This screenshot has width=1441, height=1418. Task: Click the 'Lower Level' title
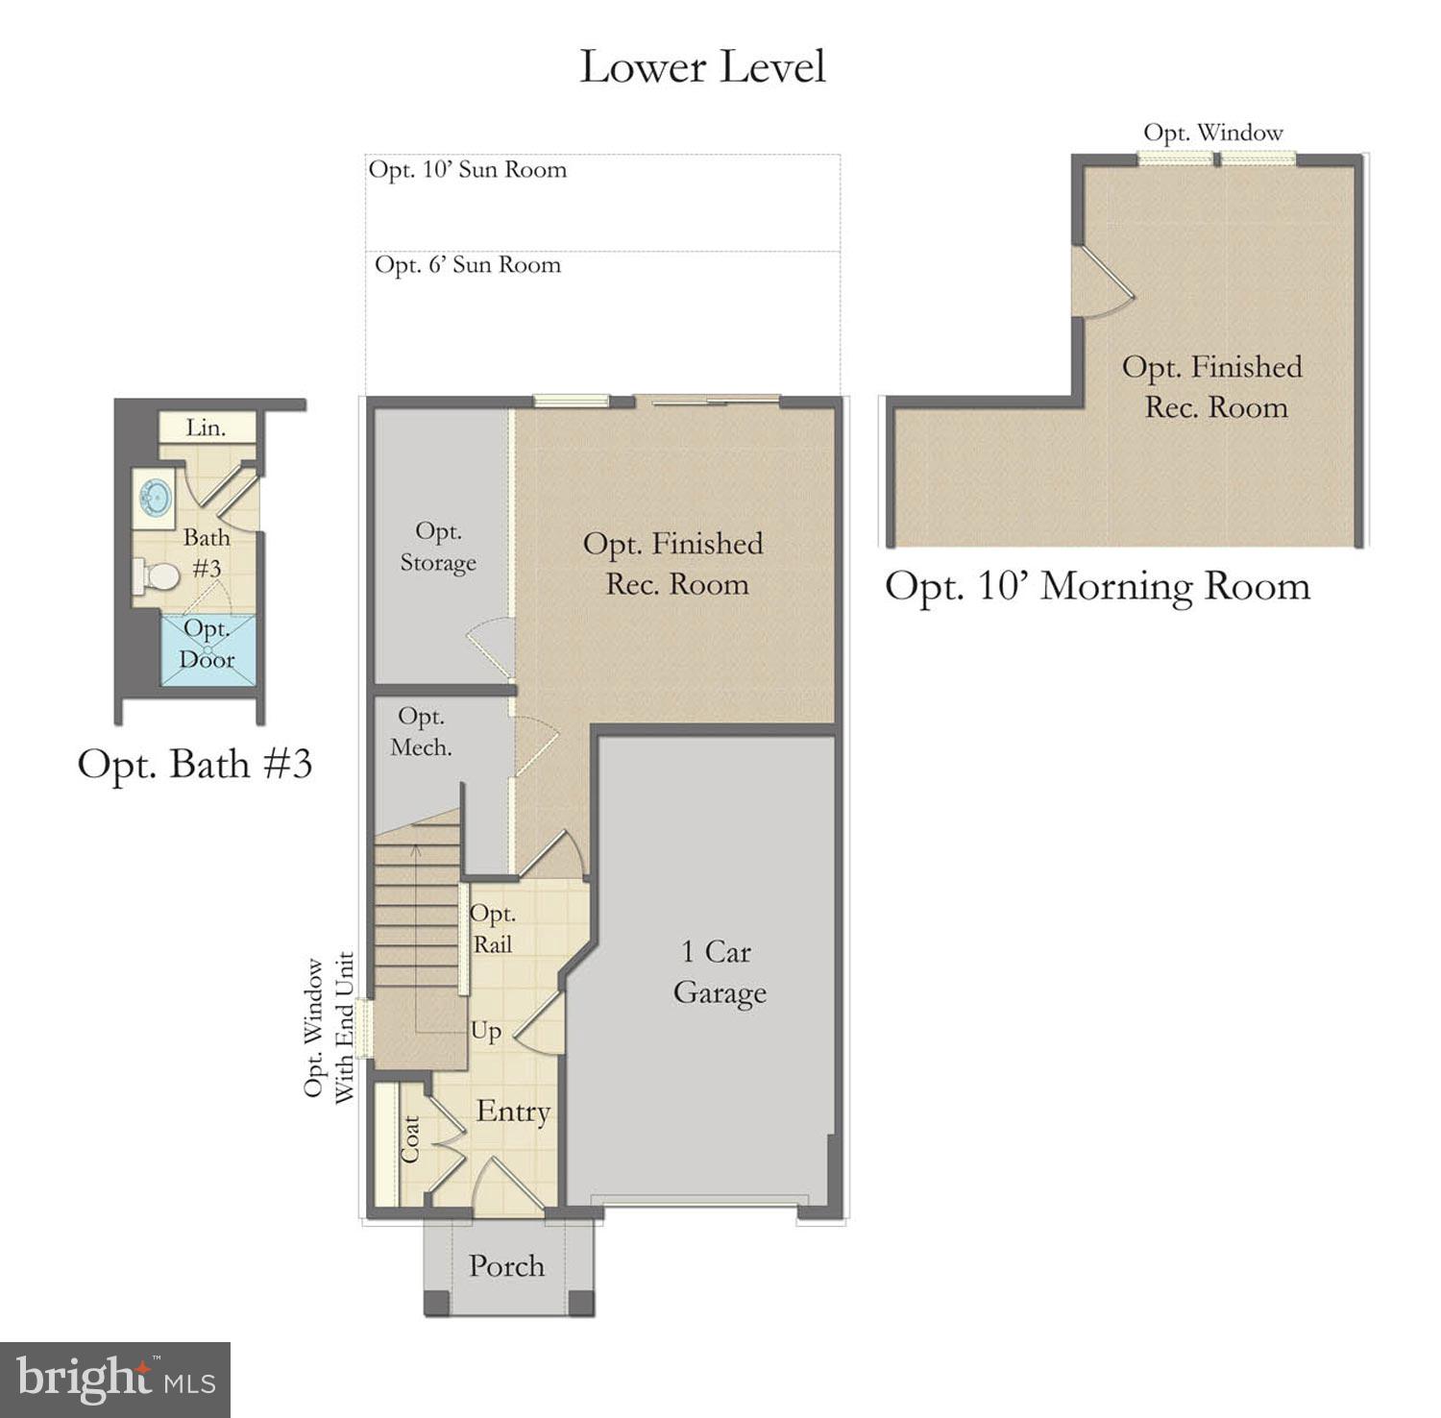[702, 66]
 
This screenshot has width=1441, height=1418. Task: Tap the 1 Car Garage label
[720, 972]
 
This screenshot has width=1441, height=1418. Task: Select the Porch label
[506, 1266]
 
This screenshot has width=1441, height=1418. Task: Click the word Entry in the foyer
[513, 1112]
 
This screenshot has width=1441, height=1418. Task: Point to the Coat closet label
[410, 1139]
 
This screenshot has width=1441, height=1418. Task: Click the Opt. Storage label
[438, 547]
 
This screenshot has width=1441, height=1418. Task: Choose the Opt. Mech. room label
[421, 731]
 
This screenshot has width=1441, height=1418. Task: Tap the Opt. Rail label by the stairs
[492, 929]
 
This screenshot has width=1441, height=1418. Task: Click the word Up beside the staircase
[485, 1032]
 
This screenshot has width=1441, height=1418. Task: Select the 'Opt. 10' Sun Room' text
[468, 170]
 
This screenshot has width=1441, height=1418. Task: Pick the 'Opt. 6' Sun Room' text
[468, 265]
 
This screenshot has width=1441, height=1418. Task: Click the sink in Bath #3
[153, 498]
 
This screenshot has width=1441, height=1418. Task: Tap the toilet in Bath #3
[157, 576]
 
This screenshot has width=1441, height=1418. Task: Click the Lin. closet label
[206, 428]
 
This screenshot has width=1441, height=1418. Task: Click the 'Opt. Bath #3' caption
[195, 765]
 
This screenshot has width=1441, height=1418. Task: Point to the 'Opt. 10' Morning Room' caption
[1097, 586]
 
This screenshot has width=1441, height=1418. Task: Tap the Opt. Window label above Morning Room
[1213, 133]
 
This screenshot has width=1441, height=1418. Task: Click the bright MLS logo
[115, 1380]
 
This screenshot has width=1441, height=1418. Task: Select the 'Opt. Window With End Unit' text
[329, 1027]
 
